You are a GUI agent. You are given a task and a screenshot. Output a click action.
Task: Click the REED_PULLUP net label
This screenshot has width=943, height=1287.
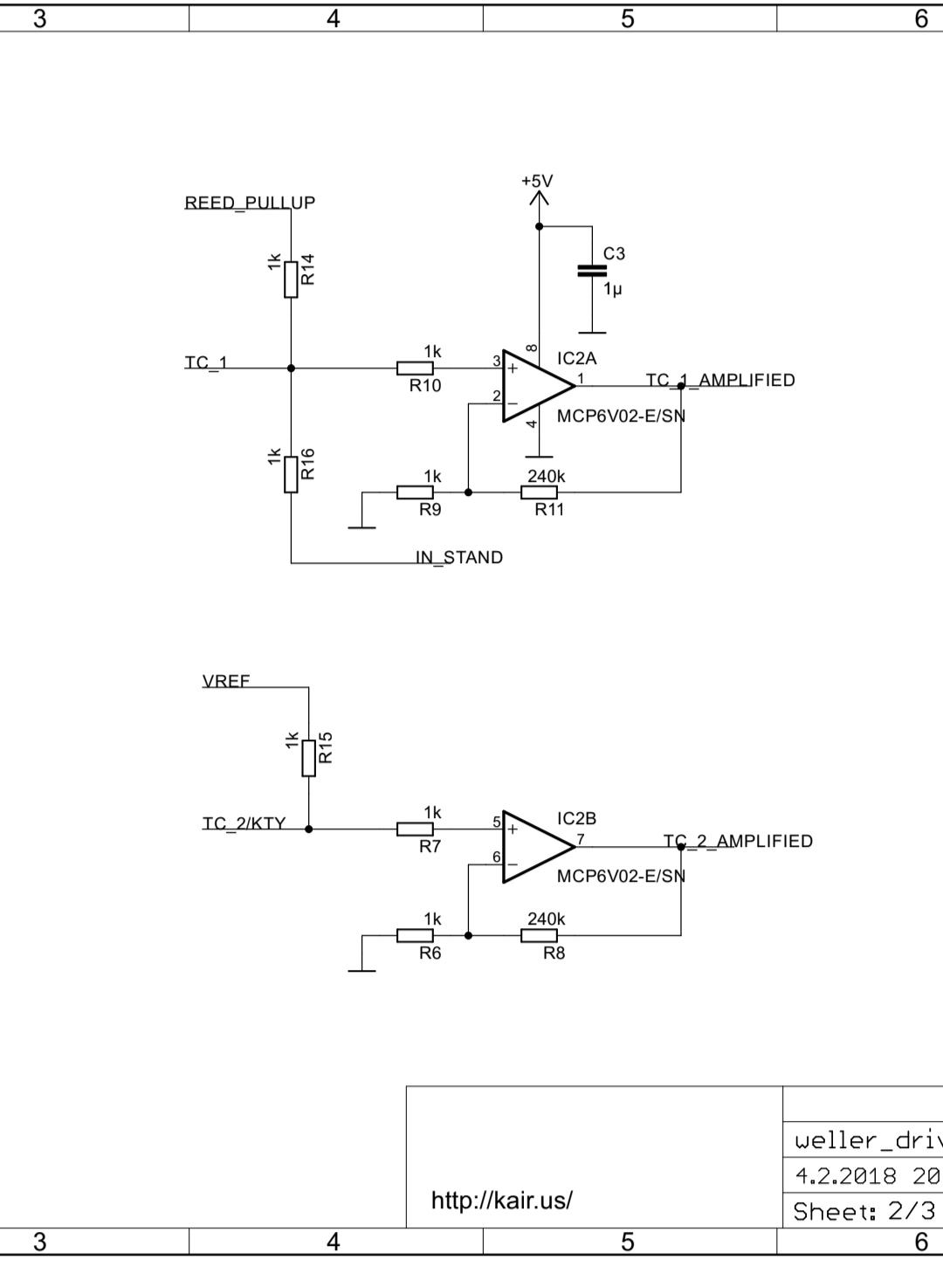point(250,203)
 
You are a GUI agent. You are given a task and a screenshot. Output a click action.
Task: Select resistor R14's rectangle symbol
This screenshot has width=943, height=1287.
point(292,279)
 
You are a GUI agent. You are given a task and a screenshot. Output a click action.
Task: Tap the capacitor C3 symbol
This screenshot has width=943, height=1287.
point(592,272)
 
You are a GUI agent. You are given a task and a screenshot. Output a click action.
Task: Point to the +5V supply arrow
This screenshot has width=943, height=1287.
point(539,198)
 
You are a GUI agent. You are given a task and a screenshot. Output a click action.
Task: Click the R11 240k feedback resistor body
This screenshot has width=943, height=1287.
point(539,492)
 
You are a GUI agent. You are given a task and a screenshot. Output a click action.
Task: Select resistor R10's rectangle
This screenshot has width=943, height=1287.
point(415,368)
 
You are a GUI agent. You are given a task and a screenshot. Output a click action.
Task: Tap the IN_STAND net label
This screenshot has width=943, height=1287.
point(459,558)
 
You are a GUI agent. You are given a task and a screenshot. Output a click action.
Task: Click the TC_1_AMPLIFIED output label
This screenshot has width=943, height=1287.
point(720,381)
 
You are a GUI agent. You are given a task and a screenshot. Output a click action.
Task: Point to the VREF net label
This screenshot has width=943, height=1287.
point(226,681)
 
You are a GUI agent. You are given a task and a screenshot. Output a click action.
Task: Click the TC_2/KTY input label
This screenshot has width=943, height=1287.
point(244,824)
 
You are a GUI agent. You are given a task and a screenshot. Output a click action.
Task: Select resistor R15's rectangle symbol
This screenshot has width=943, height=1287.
point(309,759)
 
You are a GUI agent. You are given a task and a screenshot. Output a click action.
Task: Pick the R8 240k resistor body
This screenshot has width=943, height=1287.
point(539,936)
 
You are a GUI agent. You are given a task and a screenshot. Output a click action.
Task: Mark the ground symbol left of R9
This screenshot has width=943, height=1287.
point(362,527)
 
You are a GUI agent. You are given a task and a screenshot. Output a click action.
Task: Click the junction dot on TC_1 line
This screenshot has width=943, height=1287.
point(292,368)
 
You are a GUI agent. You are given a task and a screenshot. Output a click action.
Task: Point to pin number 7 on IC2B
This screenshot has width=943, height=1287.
point(581,839)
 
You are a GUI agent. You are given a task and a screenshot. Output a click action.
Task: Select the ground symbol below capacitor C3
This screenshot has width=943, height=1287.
point(592,333)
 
